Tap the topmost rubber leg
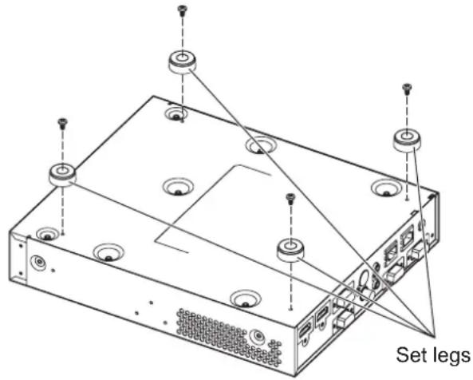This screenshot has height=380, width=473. click(181, 62)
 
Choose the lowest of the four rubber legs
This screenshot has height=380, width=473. click(290, 249)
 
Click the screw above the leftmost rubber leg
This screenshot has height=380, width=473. click(63, 122)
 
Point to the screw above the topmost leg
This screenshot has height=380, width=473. click(182, 10)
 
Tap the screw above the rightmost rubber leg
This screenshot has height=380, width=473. click(408, 88)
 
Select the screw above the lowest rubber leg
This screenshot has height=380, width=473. click(290, 198)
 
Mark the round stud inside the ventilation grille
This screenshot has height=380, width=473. click(258, 335)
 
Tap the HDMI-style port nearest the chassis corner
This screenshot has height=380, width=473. click(303, 332)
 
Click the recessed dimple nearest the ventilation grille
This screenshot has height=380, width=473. click(245, 299)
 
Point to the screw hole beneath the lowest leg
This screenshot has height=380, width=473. click(290, 308)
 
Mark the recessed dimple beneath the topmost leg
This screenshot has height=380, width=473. click(176, 114)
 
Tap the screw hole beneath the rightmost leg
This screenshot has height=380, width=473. click(407, 200)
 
